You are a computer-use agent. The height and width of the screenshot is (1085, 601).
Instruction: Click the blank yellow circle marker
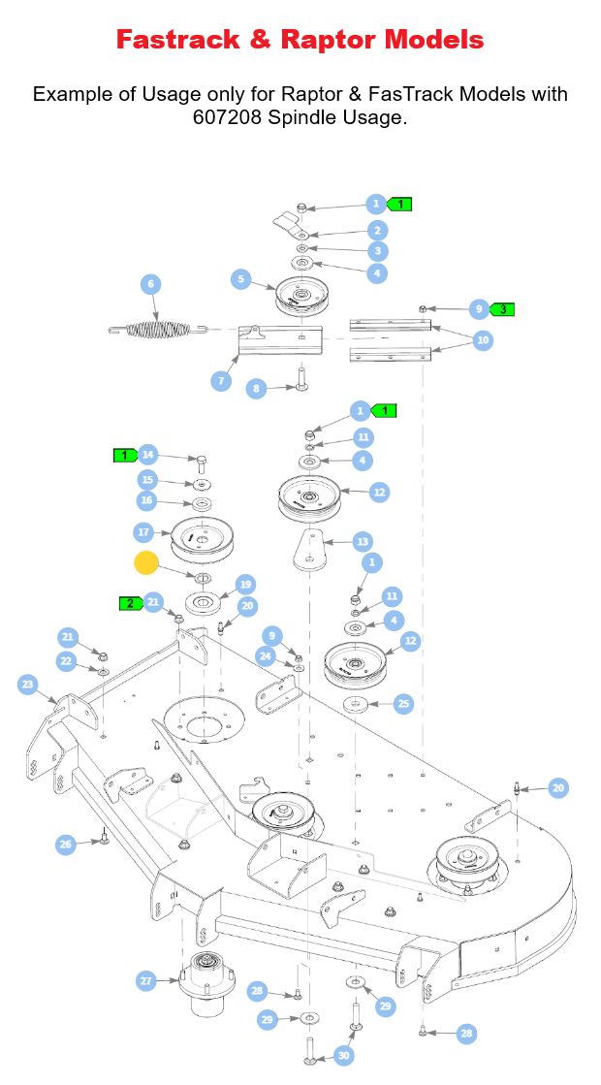pos(146,563)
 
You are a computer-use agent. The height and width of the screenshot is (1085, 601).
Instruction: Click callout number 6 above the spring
pos(150,284)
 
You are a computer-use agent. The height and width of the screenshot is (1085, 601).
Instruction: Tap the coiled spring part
pos(155,330)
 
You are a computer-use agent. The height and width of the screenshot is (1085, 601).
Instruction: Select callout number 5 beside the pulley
pos(241,279)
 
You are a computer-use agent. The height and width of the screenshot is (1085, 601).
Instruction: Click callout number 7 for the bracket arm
pos(221,380)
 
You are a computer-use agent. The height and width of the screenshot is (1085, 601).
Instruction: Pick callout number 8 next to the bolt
pos(257,389)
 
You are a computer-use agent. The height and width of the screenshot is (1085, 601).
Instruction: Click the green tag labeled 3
pos(501,309)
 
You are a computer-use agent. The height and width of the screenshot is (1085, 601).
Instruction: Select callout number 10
pos(483,340)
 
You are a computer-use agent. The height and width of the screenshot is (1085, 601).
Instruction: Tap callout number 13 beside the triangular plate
pos(363,541)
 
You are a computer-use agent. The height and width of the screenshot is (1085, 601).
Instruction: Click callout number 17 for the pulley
pos(143,531)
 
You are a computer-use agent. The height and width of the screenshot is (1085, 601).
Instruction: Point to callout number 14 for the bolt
pos(147,454)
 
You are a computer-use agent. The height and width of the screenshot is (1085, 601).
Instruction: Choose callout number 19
pos(245,585)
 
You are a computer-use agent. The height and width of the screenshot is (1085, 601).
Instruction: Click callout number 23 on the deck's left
pos(27,685)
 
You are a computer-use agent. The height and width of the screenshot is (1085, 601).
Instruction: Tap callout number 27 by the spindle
pos(145,981)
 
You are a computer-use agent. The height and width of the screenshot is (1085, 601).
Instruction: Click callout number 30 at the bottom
pos(343,1055)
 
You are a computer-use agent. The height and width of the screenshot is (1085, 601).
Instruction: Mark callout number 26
pos(65,845)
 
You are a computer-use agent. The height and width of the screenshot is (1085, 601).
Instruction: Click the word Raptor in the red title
pos(331,40)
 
